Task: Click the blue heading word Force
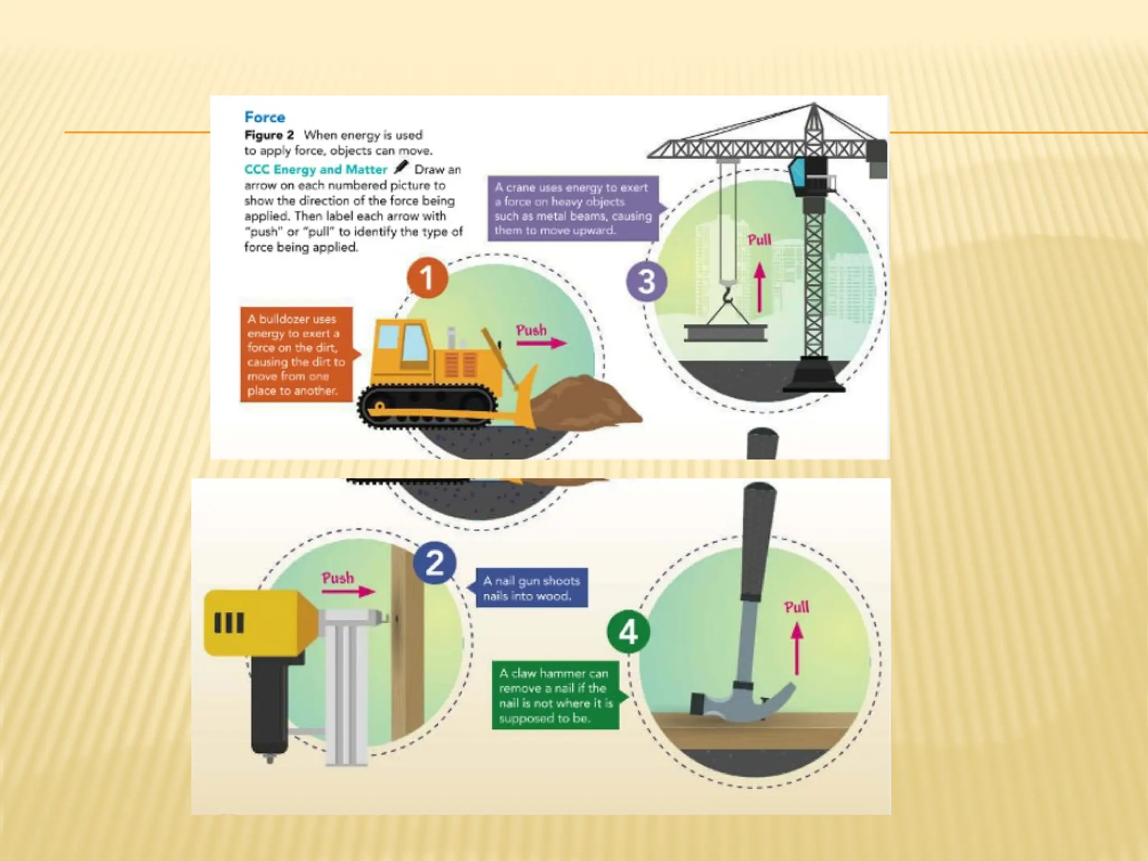point(265,117)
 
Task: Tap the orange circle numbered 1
point(427,277)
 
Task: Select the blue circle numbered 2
point(435,563)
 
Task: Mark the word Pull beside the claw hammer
point(797,607)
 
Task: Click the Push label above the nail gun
point(338,578)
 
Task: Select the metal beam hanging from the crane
point(726,333)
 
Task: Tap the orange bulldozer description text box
point(297,354)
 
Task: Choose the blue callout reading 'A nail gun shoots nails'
point(531,588)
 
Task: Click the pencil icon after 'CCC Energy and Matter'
point(401,167)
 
